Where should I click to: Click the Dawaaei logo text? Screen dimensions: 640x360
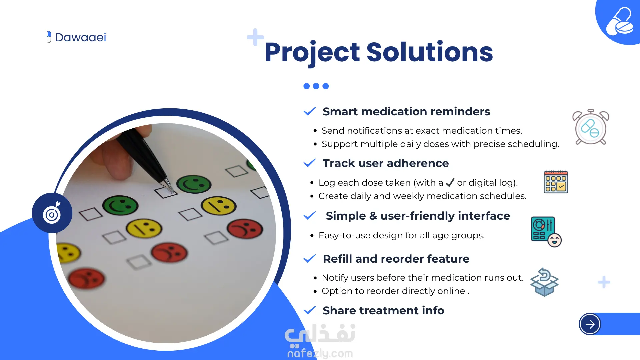(81, 37)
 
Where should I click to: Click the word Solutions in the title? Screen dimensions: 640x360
(430, 52)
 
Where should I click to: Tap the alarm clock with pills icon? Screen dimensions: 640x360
(591, 127)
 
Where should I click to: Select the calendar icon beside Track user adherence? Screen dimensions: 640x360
(556, 182)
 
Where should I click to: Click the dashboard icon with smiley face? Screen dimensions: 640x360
(546, 232)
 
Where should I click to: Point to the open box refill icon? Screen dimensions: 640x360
(544, 282)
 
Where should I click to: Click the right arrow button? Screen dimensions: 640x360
(590, 324)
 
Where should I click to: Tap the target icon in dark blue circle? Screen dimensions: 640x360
(52, 213)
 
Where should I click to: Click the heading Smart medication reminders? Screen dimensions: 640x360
(406, 111)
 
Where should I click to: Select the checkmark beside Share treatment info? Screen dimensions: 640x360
(310, 310)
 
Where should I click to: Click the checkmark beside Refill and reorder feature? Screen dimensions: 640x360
(310, 259)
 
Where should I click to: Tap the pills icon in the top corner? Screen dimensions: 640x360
(619, 22)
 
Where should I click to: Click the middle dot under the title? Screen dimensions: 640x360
(316, 86)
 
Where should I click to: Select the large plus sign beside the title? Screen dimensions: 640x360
(255, 37)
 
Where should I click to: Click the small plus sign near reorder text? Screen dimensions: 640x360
(604, 282)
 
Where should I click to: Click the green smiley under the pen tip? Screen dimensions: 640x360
(194, 184)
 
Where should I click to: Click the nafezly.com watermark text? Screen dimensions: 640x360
(320, 353)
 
